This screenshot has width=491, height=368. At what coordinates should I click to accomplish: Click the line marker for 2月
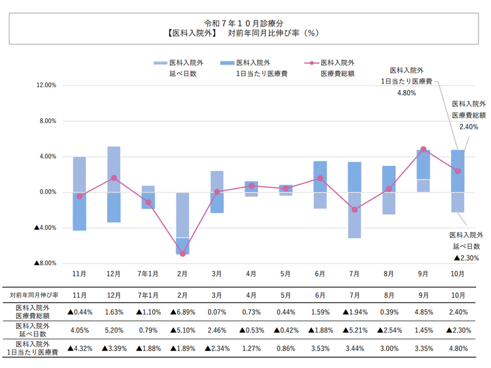[x=183, y=254]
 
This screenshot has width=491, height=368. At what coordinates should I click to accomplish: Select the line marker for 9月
[x=423, y=149]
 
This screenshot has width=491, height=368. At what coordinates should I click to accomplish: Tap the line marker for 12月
[x=114, y=178]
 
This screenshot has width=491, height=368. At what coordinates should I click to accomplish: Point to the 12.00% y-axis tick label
[x=47, y=85]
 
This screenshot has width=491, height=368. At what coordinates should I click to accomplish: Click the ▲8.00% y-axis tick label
[x=44, y=263]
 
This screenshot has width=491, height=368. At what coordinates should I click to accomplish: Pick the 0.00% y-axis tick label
[x=48, y=192]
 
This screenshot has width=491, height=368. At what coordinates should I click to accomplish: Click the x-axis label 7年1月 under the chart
[x=148, y=274]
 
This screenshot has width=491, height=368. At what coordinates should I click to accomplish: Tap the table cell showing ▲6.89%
[x=183, y=311]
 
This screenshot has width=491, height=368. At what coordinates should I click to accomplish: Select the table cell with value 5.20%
[x=114, y=330]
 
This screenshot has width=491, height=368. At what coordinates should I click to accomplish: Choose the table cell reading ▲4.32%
[x=80, y=349]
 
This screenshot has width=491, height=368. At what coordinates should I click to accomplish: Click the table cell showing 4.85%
[x=423, y=311]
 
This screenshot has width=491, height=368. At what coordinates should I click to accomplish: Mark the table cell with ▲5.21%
[x=354, y=330]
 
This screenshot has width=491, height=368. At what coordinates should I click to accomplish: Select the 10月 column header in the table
[x=458, y=295]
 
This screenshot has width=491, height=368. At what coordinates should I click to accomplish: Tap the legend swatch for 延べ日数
[x=160, y=63]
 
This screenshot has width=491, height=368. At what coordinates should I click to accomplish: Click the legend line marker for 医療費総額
[x=311, y=63]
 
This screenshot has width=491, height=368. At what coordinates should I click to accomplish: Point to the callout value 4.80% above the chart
[x=406, y=93]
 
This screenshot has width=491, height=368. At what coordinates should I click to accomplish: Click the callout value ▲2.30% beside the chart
[x=466, y=258]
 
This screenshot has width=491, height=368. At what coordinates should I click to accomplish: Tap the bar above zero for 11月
[x=80, y=174]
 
